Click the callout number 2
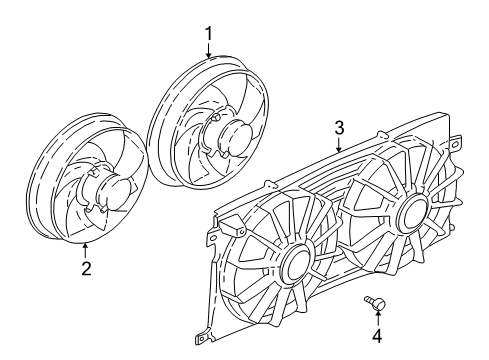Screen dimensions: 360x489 tap(86, 267)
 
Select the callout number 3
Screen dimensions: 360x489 tap(339, 128)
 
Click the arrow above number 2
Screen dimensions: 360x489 tap(86, 249)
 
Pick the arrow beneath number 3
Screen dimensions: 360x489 tap(339, 145)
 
